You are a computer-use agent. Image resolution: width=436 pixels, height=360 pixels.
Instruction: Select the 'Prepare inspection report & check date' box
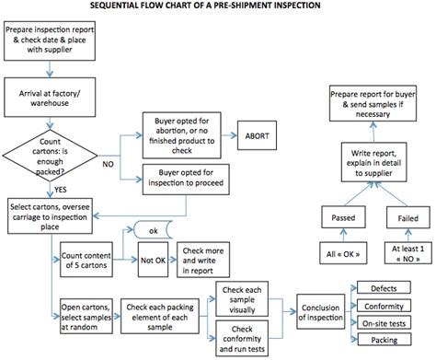[42, 42]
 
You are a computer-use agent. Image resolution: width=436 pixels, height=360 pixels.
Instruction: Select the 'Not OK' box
[154, 259]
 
